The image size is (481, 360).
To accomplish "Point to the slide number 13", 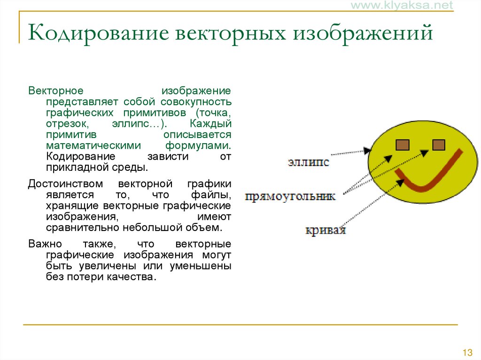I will (467, 352).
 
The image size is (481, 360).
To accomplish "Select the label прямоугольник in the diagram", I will (290, 196).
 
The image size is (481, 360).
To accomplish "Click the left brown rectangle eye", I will (403, 145).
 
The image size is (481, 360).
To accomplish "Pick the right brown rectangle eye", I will (439, 145).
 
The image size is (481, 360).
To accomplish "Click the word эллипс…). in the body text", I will (139, 123).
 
